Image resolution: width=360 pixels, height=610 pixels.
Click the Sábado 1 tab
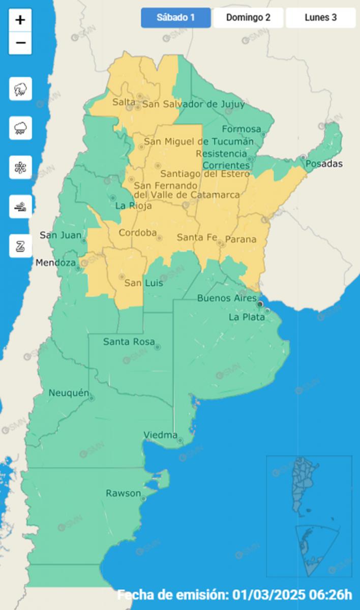pyautogui.click(x=176, y=18)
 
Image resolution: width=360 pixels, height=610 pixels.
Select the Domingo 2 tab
pyautogui.click(x=248, y=18)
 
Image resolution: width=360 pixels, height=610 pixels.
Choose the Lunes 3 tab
pyautogui.click(x=320, y=18)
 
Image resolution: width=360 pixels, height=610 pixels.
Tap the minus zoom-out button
pyautogui.click(x=20, y=43)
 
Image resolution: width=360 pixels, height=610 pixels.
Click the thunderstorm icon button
pyautogui.click(x=20, y=89)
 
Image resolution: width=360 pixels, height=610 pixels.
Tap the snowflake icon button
pyautogui.click(x=20, y=168)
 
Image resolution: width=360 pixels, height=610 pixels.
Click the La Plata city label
pyautogui.click(x=247, y=317)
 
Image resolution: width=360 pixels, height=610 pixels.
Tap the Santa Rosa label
pyautogui.click(x=128, y=342)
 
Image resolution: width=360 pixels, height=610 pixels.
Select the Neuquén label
pyautogui.click(x=69, y=393)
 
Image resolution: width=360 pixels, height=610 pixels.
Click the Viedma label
pyautogui.click(x=161, y=435)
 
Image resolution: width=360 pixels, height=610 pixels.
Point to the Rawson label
pyautogui.click(x=123, y=493)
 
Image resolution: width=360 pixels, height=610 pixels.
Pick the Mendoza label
pyautogui.click(x=55, y=263)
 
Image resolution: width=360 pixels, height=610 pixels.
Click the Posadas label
pyautogui.click(x=324, y=164)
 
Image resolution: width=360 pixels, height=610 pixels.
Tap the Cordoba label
pyautogui.click(x=137, y=233)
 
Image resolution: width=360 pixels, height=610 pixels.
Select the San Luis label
pyautogui.click(x=144, y=283)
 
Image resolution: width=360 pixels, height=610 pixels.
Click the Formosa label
pyautogui.click(x=241, y=129)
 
